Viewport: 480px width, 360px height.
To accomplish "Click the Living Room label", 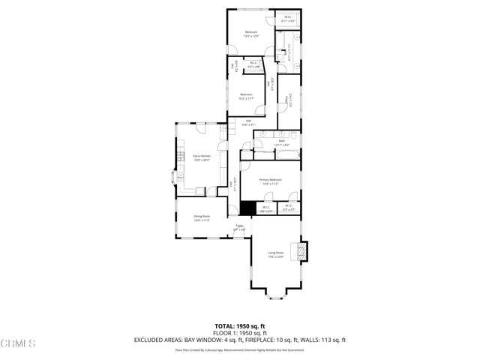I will tap(275, 253).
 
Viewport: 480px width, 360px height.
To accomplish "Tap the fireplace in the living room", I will tap(302, 250).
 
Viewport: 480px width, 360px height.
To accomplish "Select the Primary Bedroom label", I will tap(270, 180).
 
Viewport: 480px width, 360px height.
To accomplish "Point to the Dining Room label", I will tap(201, 216).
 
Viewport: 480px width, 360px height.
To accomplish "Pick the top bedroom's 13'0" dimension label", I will tap(251, 36).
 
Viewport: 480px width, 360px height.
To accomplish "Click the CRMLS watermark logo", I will tap(18, 343).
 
